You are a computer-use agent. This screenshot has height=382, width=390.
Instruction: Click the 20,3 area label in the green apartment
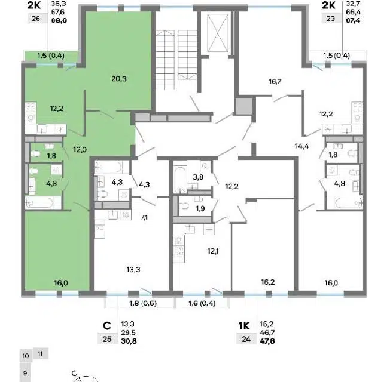click(x=119, y=79)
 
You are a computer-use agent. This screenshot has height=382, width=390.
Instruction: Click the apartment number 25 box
click(x=107, y=339)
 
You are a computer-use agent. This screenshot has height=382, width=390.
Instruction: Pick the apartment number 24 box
click(x=246, y=339)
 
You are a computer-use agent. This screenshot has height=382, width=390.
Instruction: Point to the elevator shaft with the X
click(x=218, y=32)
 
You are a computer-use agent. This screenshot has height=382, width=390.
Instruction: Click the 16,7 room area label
click(x=275, y=81)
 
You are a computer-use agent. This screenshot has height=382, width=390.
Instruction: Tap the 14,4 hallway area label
click(x=302, y=146)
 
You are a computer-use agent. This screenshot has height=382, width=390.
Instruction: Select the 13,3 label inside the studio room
click(x=133, y=269)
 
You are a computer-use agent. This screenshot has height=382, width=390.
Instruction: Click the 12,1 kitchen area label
click(x=213, y=251)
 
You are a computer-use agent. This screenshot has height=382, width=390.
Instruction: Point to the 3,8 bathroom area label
click(x=198, y=177)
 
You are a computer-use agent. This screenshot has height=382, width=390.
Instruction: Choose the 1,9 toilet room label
click(x=200, y=208)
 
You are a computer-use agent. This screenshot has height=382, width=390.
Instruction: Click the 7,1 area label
click(x=144, y=218)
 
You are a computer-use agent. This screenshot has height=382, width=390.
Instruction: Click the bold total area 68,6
click(x=59, y=20)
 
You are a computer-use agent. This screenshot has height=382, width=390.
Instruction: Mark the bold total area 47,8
click(x=267, y=341)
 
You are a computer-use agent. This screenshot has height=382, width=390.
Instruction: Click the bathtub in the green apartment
click(x=40, y=203)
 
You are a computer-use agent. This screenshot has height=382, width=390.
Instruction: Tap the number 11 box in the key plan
click(x=41, y=353)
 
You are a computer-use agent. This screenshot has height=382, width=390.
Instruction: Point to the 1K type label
click(x=244, y=326)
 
